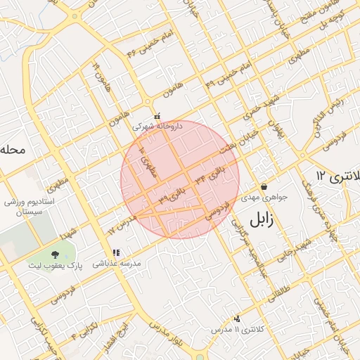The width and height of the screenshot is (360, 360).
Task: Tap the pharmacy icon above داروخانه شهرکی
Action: coord(157,116)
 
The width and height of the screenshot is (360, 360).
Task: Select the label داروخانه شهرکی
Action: coord(157,127)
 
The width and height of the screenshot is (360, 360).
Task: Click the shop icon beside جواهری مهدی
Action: coord(264,186)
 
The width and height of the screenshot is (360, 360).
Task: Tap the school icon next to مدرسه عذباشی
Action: coord(116,252)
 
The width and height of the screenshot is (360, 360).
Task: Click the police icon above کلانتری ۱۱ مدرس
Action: coord(237,319)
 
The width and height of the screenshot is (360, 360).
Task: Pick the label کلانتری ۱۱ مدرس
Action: coord(237,329)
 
